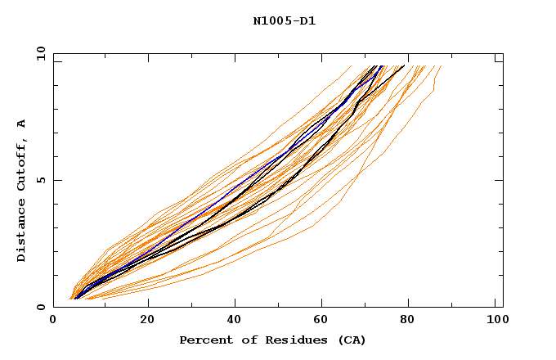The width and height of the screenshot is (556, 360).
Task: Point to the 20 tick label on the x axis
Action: pyautogui.click(x=147, y=320)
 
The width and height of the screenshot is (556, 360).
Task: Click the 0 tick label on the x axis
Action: pyautogui.click(x=54, y=320)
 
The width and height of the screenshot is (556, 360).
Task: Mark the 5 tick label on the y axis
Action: pyautogui.click(x=41, y=180)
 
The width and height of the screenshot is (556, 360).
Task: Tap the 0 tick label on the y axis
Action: pyautogui.click(x=41, y=307)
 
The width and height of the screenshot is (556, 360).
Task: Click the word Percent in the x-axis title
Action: pyautogui.click(x=203, y=340)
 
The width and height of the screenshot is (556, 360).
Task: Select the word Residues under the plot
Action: pyautogui.click(x=288, y=340)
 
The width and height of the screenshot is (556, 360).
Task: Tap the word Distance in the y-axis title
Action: pyautogui.click(x=21, y=229)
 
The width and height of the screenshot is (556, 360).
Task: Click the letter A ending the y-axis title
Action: pyautogui.click(x=21, y=124)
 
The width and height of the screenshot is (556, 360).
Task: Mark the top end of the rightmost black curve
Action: pyautogui.click(x=403, y=66)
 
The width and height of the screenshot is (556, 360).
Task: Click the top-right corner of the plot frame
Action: pyautogui.click(x=503, y=54)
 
